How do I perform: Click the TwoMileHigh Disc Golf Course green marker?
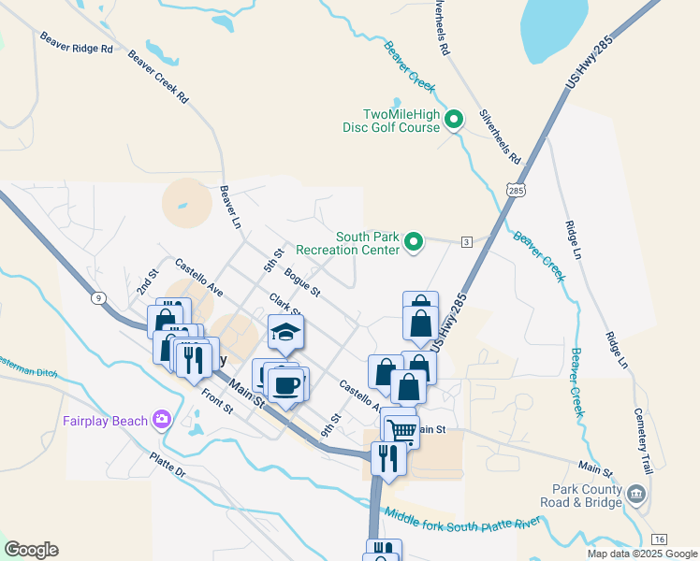[454, 120]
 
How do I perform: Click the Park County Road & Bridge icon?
[636, 493]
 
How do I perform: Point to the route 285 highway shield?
[518, 190]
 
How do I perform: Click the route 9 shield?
[100, 298]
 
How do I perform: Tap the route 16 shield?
[659, 539]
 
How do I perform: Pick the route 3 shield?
[465, 243]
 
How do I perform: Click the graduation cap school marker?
[285, 332]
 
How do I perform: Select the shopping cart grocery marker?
[401, 430]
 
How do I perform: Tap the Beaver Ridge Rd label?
[76, 42]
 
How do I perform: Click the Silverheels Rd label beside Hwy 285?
[500, 137]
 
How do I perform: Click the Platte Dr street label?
[168, 466]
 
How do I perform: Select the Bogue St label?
[302, 283]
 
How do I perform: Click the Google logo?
[31, 550]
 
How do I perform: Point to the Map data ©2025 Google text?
[642, 554]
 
